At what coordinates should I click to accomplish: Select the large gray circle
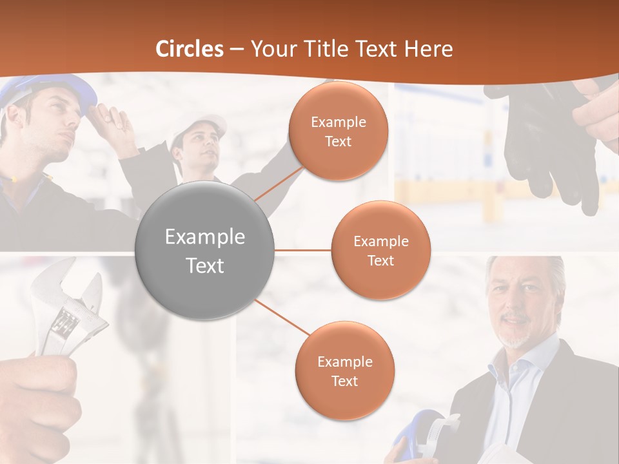pos(205,250)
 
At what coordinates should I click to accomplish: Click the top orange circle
pos(338,131)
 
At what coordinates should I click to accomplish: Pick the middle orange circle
pos(380,250)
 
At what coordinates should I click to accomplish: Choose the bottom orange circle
pos(344,371)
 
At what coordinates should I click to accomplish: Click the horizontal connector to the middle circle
pos(303,250)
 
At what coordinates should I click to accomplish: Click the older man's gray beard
pos(516,335)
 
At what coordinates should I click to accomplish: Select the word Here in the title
pos(428,49)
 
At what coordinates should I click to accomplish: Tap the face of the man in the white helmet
pos(201,150)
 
